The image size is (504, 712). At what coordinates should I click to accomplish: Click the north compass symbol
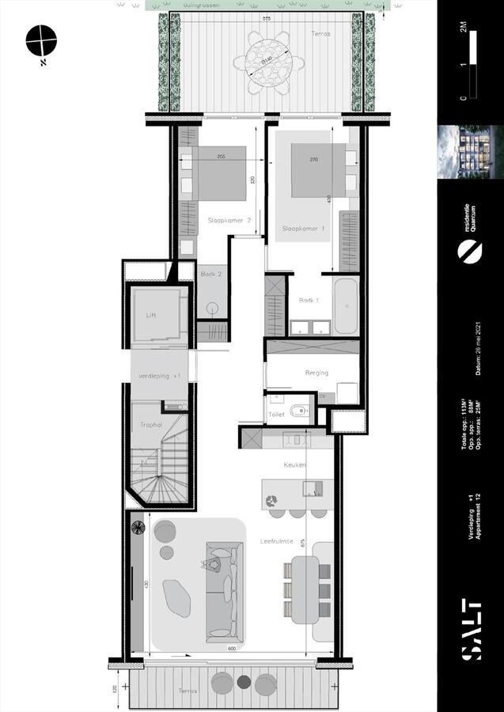point(41,40)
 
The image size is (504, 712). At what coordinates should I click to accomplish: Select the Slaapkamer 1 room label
point(304,229)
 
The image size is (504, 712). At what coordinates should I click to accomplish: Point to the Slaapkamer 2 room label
point(229,221)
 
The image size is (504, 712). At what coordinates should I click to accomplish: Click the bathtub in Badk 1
point(346,306)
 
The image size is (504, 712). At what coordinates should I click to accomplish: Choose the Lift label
point(153,315)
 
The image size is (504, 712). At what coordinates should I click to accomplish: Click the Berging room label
point(316,373)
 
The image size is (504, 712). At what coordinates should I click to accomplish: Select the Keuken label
point(297,465)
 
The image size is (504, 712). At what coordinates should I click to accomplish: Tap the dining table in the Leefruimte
point(305,589)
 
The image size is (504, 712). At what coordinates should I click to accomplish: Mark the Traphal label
point(151,425)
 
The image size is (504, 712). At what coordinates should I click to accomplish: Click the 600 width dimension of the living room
point(232,650)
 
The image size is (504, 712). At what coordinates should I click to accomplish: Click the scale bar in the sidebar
point(472,68)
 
